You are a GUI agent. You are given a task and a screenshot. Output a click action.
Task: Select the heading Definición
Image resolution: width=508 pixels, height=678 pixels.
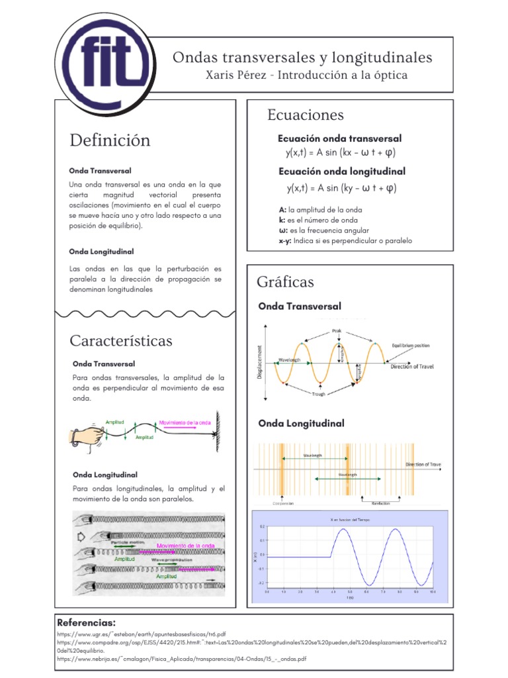(110, 140)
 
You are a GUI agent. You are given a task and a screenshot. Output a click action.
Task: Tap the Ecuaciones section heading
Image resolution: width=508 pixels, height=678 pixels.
(306, 115)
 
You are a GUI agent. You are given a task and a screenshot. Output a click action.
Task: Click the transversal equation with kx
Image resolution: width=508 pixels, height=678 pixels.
(340, 153)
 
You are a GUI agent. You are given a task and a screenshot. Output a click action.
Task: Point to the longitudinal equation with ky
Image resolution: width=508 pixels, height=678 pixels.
(340, 188)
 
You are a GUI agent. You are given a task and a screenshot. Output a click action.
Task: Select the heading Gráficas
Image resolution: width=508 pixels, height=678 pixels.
(284, 283)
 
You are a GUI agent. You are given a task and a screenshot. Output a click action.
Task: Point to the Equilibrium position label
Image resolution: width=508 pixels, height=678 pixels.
(410, 346)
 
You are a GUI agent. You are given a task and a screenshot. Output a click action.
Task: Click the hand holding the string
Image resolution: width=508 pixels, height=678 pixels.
(86, 434)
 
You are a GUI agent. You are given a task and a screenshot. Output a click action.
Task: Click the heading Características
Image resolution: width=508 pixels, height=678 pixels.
(121, 341)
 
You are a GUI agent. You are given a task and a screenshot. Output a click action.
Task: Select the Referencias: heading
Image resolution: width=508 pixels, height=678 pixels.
(86, 623)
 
